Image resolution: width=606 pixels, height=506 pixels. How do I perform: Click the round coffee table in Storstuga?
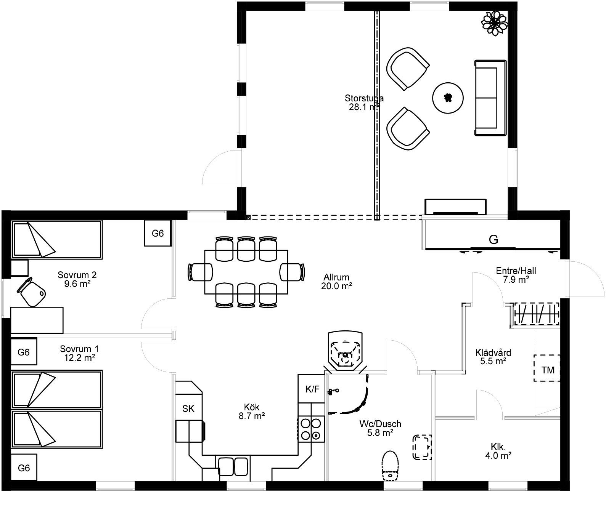coord(447,98)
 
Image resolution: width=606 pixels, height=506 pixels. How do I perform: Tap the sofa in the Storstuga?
coord(490,98)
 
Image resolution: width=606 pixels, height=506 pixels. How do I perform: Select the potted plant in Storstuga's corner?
coord(495,23)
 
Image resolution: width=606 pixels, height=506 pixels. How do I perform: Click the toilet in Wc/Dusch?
coord(390,466)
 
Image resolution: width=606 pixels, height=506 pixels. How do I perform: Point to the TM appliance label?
coord(548,370)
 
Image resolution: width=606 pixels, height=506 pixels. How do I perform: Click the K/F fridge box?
coord(312,389)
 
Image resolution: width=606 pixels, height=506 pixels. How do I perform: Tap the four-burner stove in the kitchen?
coord(311,429)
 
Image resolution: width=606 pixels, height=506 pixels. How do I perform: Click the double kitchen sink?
coord(233,466)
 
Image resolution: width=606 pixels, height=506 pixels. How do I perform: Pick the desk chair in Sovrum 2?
coord(31,291)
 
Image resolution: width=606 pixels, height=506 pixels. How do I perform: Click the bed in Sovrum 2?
coord(56,240)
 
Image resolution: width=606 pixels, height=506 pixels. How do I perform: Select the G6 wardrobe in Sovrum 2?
coord(158,233)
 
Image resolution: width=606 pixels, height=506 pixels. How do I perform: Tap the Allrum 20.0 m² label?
coord(336,282)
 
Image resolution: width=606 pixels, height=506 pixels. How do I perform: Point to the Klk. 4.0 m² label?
coord(498,451)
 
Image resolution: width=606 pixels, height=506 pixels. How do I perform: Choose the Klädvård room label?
coord(493,352)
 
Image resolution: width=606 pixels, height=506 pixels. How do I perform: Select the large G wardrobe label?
coord(493,240)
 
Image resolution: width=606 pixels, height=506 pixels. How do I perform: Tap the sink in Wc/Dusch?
coord(422,447)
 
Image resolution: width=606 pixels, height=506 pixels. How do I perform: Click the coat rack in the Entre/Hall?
coord(537,314)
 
